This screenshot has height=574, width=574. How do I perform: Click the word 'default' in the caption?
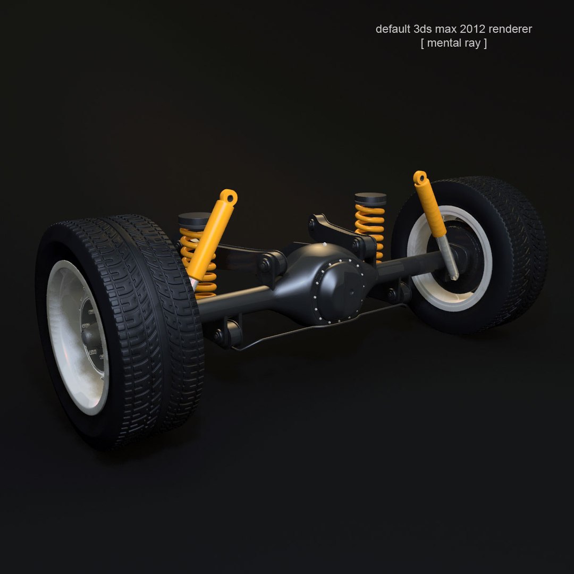click(x=392, y=29)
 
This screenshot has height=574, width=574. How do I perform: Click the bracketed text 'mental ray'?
click(x=453, y=44)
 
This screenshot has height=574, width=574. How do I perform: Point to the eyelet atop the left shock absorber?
click(x=230, y=196)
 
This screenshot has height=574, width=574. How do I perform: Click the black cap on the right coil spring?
click(x=370, y=199)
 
